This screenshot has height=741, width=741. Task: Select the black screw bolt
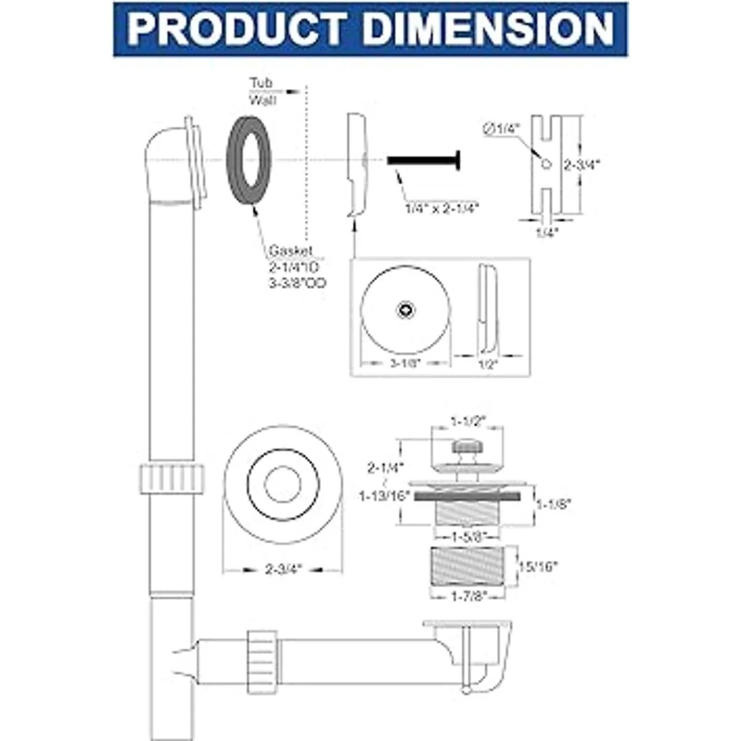click(426, 159)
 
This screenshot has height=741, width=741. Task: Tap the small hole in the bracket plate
click(544, 164)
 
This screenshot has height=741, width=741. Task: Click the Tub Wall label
click(261, 91)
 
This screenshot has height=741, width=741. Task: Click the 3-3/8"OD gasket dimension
click(298, 283)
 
